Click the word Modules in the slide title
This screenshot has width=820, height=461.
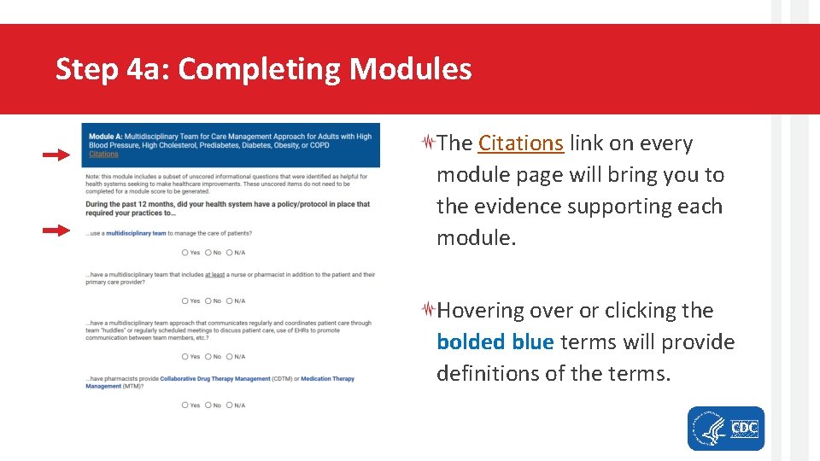[410, 69]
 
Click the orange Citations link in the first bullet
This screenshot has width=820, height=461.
[520, 143]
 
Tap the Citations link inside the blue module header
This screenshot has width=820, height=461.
[103, 155]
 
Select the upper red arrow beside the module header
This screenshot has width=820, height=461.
[57, 155]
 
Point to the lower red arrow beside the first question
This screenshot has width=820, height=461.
[57, 230]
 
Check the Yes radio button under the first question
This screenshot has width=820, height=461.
[186, 253]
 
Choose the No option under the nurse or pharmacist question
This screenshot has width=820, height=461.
[208, 301]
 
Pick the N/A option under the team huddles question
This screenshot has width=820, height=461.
[231, 357]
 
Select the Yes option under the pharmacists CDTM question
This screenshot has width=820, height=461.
[186, 406]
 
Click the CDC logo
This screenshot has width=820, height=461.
[744, 428]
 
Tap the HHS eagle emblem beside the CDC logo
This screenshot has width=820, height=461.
[708, 428]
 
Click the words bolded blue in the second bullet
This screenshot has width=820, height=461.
[495, 342]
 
